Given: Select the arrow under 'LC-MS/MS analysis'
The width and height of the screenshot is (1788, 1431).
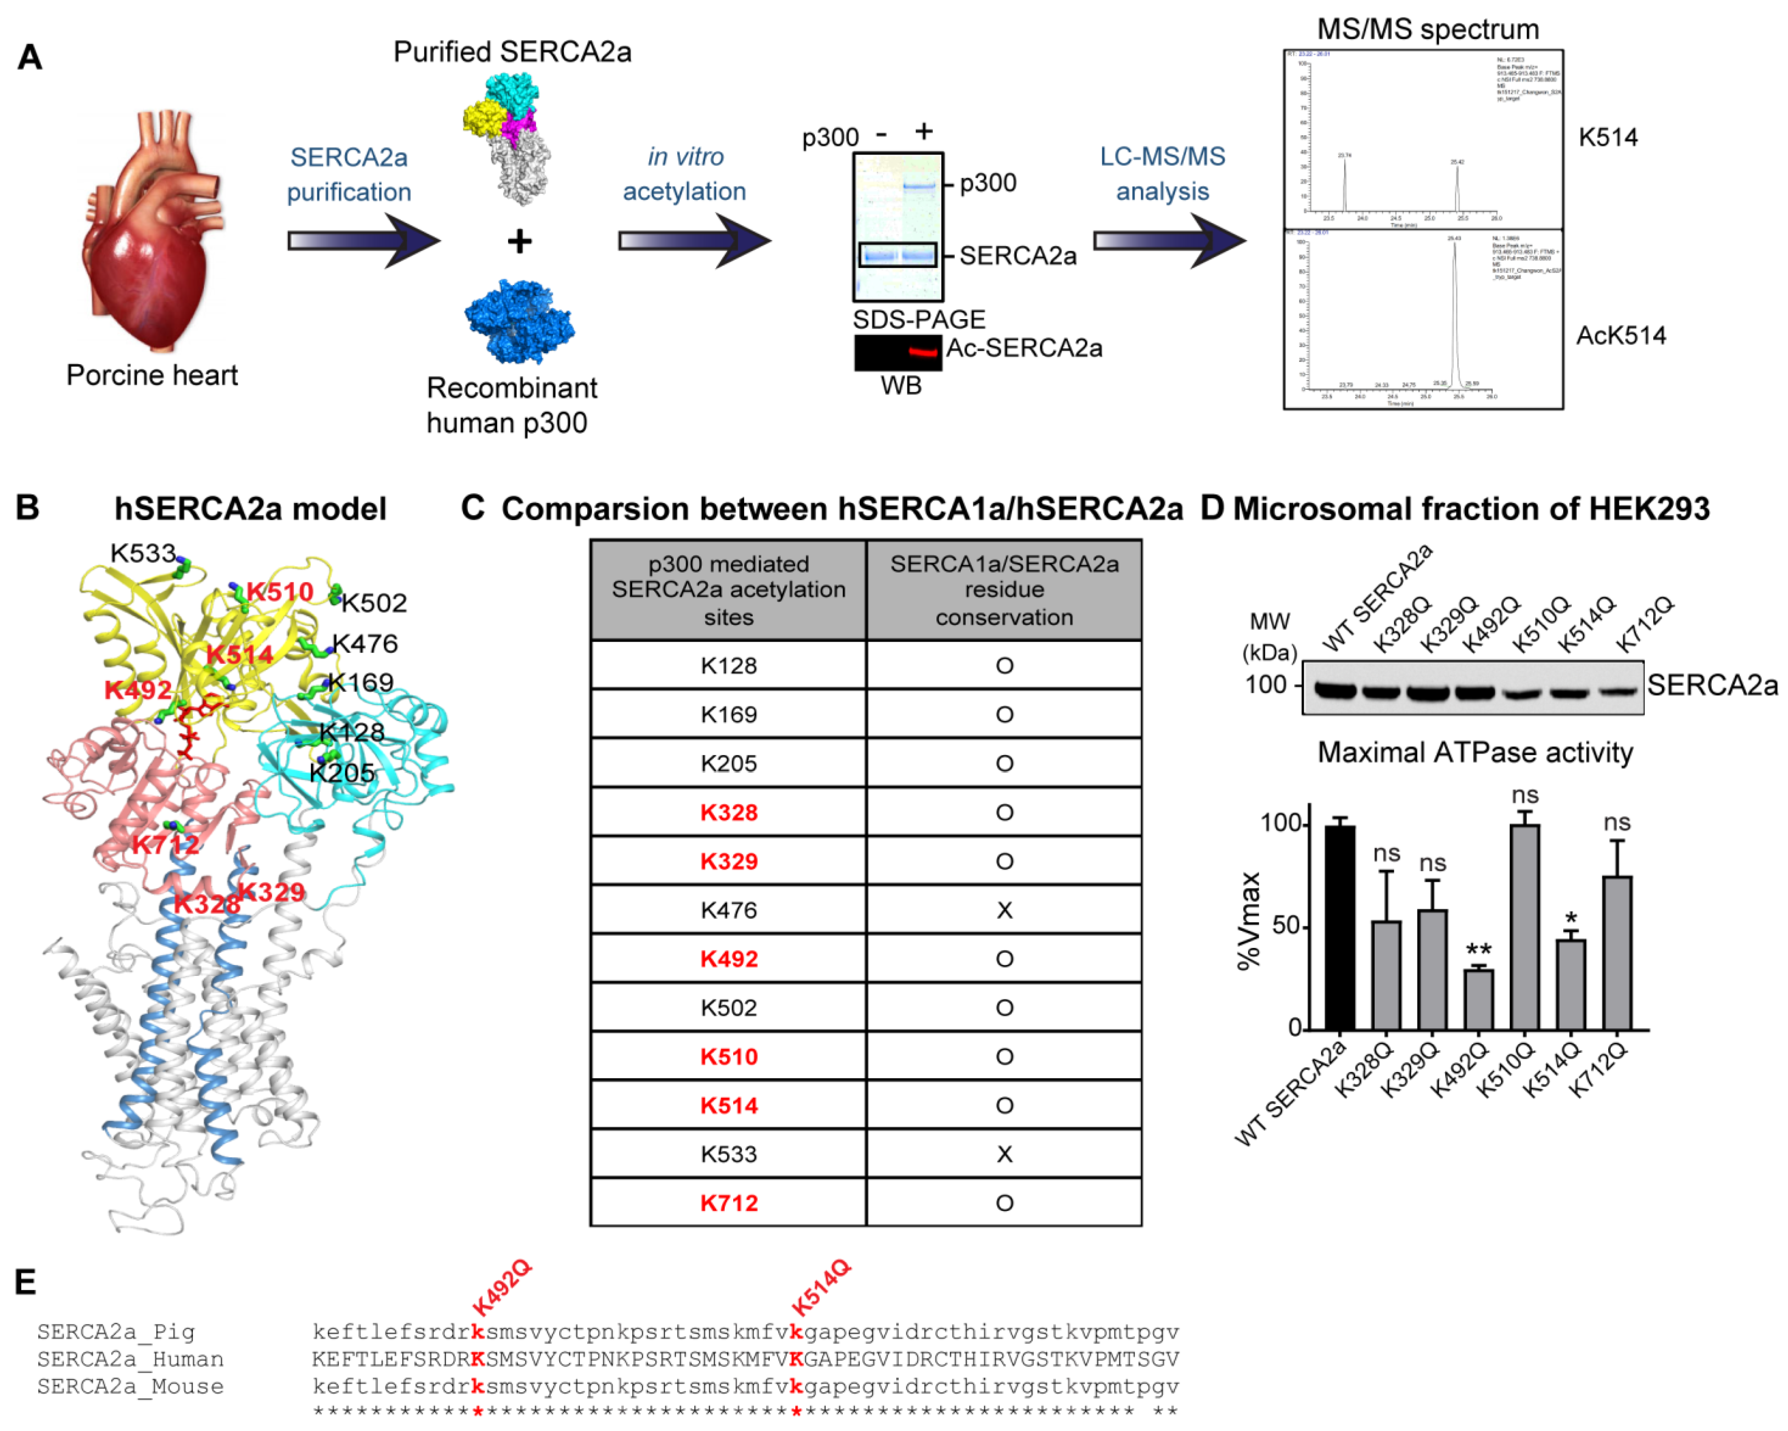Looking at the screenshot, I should pos(1169,241).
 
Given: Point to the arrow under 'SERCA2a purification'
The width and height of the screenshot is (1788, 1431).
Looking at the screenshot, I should pos(363,241).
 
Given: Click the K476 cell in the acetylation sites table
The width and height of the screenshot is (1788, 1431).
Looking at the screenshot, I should pos(728,910).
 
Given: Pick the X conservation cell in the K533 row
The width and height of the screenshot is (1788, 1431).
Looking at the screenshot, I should pos(1003,1154).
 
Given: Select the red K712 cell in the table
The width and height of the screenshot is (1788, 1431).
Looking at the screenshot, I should pos(728,1203).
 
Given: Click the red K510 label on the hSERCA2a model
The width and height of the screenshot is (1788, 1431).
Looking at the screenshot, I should pos(279,591).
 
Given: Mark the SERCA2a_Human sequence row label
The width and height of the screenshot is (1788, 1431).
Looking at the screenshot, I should pos(130,1359).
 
